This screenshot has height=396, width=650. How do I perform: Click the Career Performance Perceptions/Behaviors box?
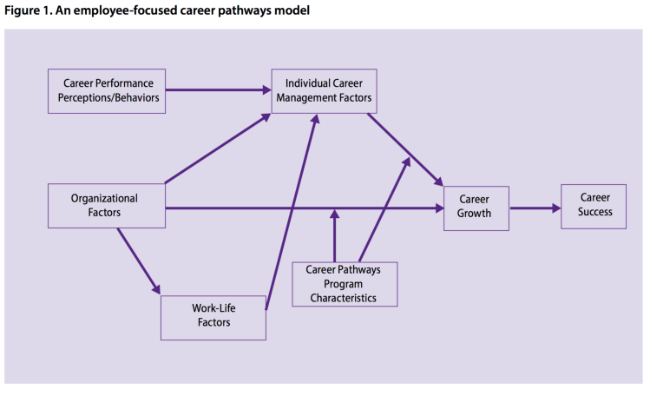[106, 90]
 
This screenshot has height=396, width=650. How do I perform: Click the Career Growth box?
[476, 208]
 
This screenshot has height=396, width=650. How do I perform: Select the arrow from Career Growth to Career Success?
[535, 208]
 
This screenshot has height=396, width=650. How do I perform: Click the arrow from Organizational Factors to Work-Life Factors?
[139, 259]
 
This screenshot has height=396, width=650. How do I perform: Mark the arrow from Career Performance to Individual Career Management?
[217, 89]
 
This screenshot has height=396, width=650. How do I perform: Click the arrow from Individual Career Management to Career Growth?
[404, 149]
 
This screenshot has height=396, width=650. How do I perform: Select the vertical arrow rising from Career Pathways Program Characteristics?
[334, 236]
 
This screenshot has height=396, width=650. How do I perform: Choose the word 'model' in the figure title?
[292, 11]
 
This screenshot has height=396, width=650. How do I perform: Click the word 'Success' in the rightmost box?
[594, 212]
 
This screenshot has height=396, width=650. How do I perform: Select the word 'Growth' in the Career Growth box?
[476, 214]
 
